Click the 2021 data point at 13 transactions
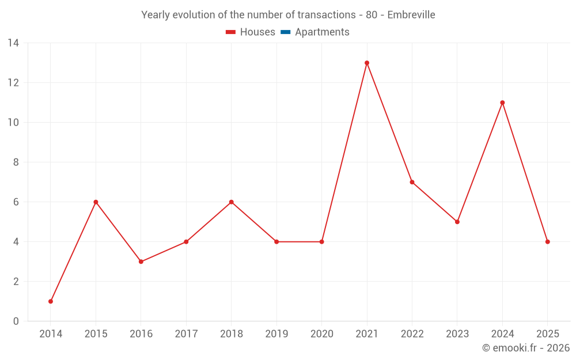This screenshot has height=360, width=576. click(367, 63)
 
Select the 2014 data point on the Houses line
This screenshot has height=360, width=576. click(51, 301)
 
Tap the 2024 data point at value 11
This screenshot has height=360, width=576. click(502, 103)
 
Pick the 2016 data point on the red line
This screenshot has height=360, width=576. click(141, 262)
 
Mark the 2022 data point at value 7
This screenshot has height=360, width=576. click(412, 182)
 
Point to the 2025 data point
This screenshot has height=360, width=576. click(547, 242)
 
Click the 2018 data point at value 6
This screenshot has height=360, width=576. click(232, 202)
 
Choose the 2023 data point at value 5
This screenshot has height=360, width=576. click(457, 222)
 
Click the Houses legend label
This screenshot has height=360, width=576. click(257, 32)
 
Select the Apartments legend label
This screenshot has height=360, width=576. click(322, 32)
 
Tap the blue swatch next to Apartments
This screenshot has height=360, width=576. click(285, 32)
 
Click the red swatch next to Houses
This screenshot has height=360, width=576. click(230, 32)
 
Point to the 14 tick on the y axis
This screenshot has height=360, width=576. click(13, 43)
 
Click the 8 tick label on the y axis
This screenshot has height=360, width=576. click(16, 162)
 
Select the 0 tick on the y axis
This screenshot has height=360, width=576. click(16, 321)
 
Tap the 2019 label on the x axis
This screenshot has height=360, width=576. click(276, 334)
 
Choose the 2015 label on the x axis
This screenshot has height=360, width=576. click(96, 334)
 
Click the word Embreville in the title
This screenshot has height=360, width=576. click(411, 14)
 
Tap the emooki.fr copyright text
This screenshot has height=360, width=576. click(526, 348)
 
